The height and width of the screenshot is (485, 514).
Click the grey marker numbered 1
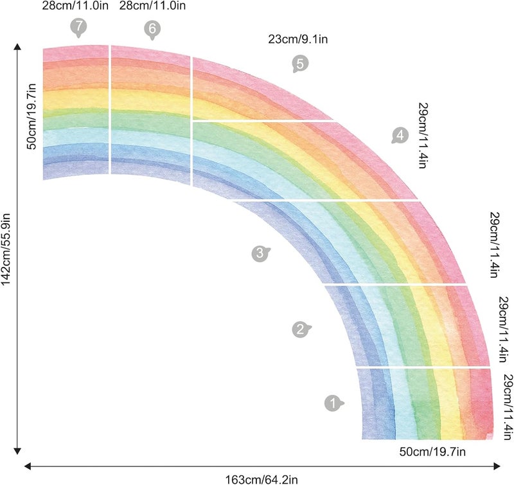pyautogui.click(x=332, y=403)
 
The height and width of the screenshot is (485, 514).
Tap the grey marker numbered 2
pyautogui.click(x=299, y=330)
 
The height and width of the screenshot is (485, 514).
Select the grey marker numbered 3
pyautogui.click(x=258, y=253)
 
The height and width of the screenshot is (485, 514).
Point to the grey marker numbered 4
pyautogui.click(x=400, y=135)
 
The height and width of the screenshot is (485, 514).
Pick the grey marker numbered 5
pyautogui.click(x=299, y=63)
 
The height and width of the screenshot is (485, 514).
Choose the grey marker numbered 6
pyautogui.click(x=152, y=29)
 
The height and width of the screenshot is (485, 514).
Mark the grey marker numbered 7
pyautogui.click(x=78, y=28)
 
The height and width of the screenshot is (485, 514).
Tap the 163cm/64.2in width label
pyautogui.click(x=261, y=479)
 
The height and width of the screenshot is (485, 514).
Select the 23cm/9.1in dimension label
pyautogui.click(x=298, y=39)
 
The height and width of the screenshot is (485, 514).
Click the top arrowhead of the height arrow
pyautogui.click(x=18, y=47)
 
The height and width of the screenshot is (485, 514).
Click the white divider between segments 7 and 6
pyautogui.click(x=110, y=109)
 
